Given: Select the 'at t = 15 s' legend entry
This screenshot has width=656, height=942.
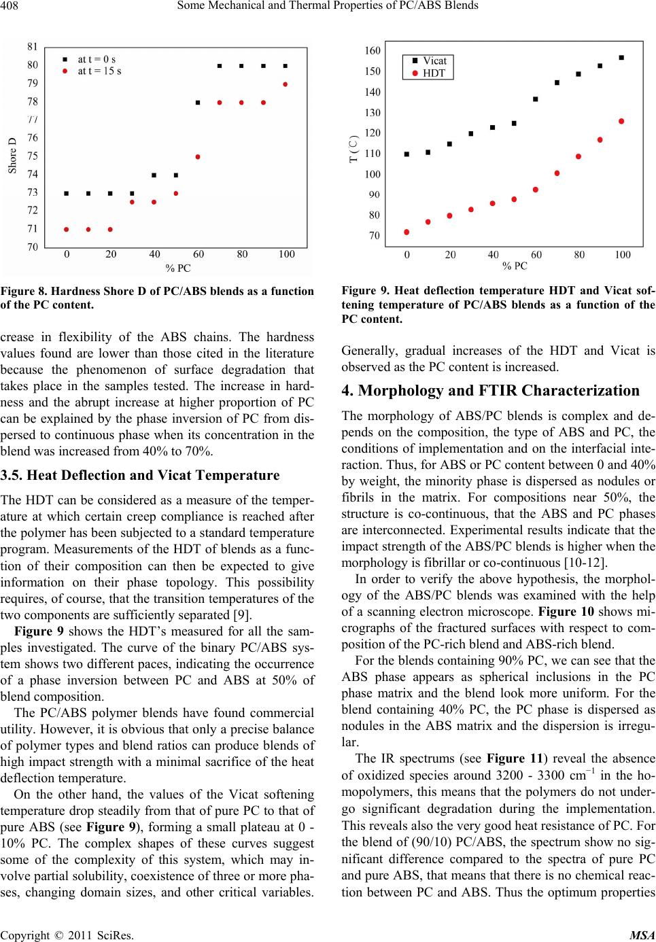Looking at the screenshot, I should (99, 71).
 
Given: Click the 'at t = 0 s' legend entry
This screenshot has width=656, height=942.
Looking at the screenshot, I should (97, 59).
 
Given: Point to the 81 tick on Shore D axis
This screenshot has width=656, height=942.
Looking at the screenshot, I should (32, 47).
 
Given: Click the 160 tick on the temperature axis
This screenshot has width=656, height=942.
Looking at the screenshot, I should (373, 51).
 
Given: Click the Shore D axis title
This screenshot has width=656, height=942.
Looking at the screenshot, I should (12, 156).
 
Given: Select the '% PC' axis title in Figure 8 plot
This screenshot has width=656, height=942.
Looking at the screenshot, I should (178, 267).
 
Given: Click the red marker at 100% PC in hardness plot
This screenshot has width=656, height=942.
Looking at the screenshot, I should (286, 84).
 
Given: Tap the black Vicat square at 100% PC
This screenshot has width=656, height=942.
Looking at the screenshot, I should (621, 58).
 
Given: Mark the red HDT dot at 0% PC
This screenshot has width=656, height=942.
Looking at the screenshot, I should (407, 232).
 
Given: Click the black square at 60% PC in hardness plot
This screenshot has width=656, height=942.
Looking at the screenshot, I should (198, 103).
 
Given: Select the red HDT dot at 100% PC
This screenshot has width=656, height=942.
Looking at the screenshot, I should (621, 121).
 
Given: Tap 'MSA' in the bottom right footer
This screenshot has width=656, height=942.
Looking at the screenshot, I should (642, 935).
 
